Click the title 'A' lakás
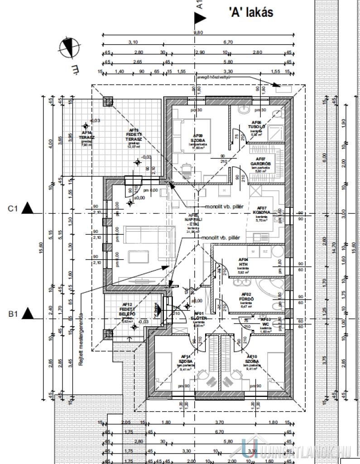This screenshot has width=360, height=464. coord(251,13)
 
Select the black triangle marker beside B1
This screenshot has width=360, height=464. coord(28,312)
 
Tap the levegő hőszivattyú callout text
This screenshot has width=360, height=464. coord(212,77)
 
